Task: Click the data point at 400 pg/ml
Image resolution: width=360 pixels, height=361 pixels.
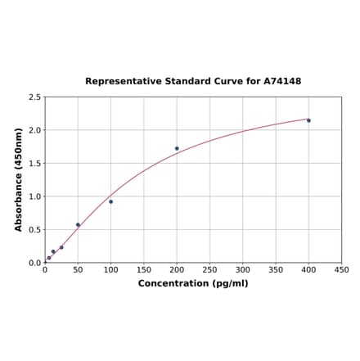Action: [308, 120]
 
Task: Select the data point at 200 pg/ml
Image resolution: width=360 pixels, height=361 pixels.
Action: [177, 148]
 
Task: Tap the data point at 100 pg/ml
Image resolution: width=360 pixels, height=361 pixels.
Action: [110, 201]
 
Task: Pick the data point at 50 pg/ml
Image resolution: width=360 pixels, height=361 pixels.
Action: [78, 224]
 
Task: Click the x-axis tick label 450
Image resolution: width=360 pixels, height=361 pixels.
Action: [342, 269]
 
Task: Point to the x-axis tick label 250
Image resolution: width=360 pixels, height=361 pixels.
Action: [209, 269]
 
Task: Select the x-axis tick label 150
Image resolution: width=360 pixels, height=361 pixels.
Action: [143, 269]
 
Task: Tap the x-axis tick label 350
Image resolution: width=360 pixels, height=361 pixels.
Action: [276, 269]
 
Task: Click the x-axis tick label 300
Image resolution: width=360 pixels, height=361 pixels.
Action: [243, 269]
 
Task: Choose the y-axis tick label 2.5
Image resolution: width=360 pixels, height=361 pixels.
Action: [35, 97]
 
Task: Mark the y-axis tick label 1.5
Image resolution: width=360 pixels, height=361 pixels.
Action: [35, 164]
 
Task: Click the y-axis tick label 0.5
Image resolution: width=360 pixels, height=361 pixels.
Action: [35, 230]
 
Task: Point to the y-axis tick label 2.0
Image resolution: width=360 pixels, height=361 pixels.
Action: [35, 130]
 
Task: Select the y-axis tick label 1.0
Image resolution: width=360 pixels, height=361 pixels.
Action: [35, 196]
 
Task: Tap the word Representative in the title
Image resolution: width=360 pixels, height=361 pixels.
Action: [120, 82]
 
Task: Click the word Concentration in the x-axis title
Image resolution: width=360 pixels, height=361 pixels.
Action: [173, 283]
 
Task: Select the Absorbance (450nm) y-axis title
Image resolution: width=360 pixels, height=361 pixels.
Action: [19, 179]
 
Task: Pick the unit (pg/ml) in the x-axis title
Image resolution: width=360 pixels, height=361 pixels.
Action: [229, 283]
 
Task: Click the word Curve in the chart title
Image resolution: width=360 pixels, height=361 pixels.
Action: [225, 82]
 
